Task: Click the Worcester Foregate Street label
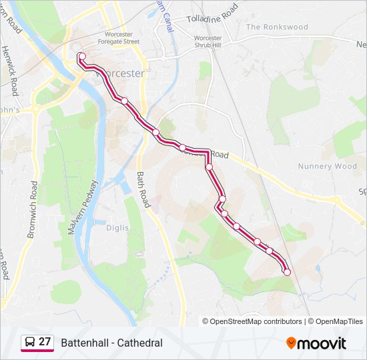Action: click(x=122, y=38)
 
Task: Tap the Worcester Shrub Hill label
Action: click(x=208, y=41)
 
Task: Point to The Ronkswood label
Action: click(x=277, y=27)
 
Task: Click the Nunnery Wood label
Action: click(x=328, y=166)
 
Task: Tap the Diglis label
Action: click(x=117, y=227)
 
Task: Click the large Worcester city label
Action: click(x=120, y=73)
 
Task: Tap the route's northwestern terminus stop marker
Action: click(x=81, y=56)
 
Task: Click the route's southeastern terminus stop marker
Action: click(x=287, y=271)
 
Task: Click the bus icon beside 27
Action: click(x=29, y=343)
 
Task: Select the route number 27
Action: click(x=45, y=342)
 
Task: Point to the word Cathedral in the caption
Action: click(x=139, y=343)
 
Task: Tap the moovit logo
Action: click(x=316, y=343)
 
